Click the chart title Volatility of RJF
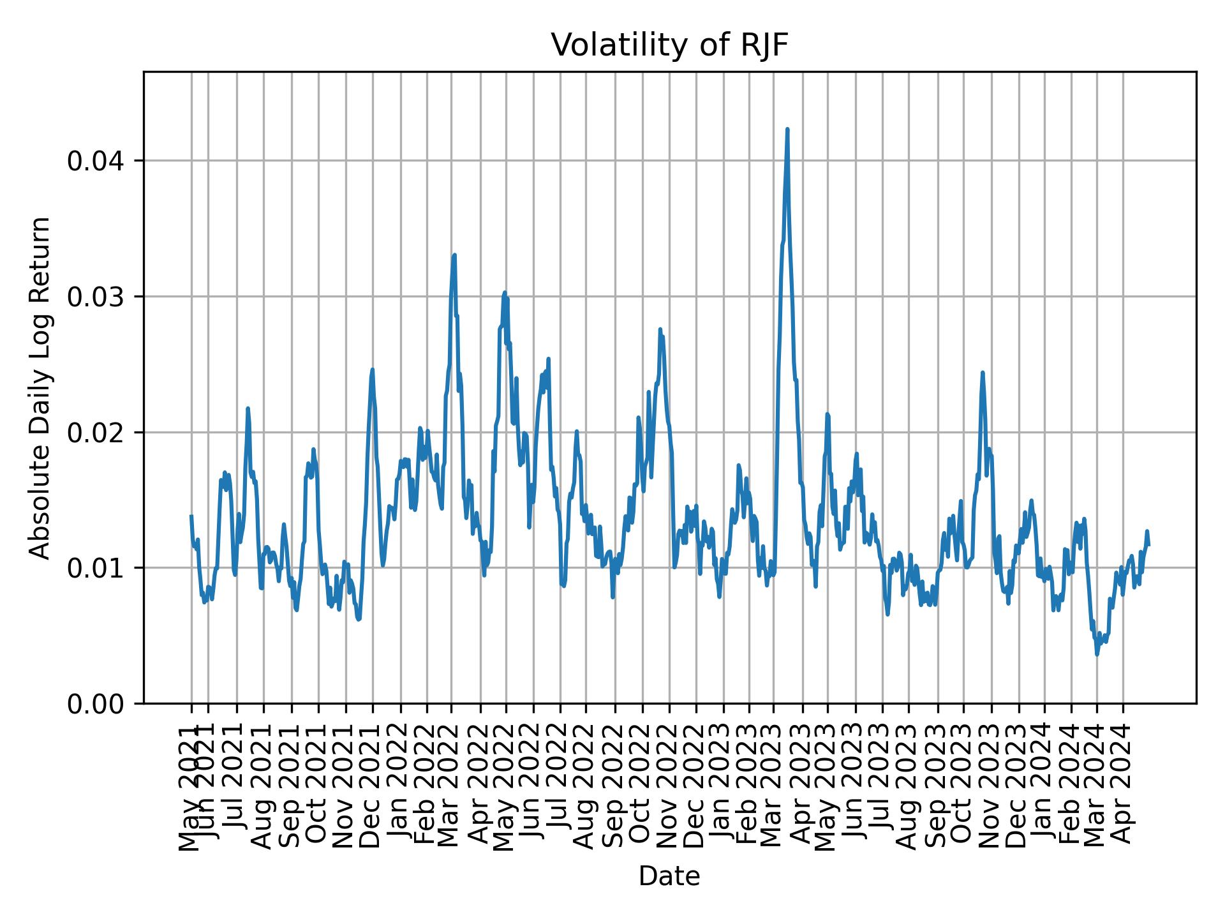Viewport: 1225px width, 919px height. click(669, 46)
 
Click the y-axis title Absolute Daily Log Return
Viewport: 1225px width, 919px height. click(41, 387)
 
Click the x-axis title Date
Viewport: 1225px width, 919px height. click(669, 876)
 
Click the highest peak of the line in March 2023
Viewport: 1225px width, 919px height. click(787, 130)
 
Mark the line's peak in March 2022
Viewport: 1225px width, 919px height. click(454, 255)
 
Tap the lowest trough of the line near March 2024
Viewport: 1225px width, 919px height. click(1097, 654)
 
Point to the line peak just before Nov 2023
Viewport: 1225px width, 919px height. click(983, 373)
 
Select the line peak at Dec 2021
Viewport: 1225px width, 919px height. click(373, 370)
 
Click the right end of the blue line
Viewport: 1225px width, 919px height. click(1148, 544)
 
